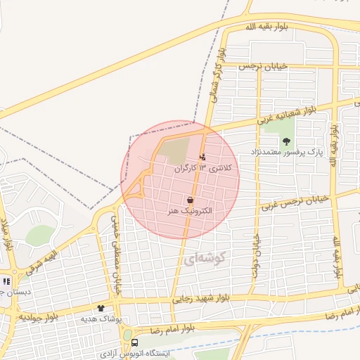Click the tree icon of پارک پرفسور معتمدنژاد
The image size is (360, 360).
(x=285, y=141)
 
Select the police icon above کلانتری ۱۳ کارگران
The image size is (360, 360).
(x=203, y=157)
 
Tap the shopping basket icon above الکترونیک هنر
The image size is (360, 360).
(x=191, y=200)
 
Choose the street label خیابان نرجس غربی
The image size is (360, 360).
(x=295, y=202)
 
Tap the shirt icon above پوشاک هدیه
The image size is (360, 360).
(x=101, y=308)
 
